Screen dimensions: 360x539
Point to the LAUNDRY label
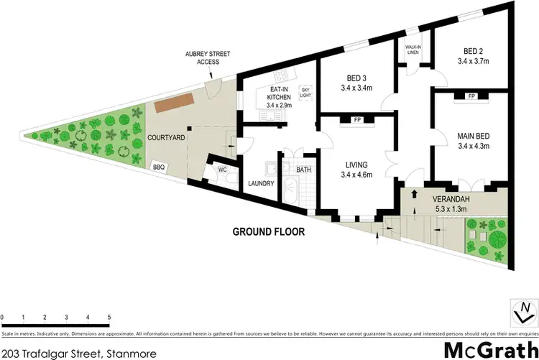pyautogui.click(x=261, y=183)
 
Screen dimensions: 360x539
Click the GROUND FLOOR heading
pyautogui.click(x=269, y=232)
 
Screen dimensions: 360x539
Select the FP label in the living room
pyautogui.click(x=356, y=120)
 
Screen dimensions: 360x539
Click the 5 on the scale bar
pyautogui.click(x=109, y=316)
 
